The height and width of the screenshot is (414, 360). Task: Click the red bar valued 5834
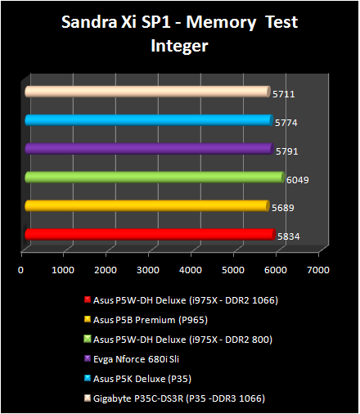coord(147,235)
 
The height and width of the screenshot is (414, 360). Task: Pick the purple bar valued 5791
coord(147,149)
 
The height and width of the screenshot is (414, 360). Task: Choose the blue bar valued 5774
coord(147,120)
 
